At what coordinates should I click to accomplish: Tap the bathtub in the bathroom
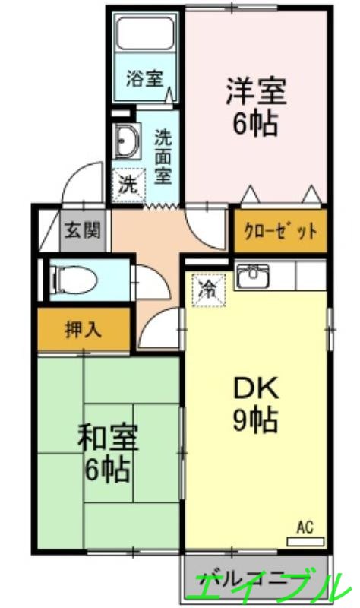pyautogui.click(x=145, y=35)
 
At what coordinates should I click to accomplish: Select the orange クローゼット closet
pyautogui.click(x=280, y=231)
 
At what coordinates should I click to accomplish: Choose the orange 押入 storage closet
pyautogui.click(x=84, y=331)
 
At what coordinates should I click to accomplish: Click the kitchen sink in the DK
pyautogui.click(x=253, y=277)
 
